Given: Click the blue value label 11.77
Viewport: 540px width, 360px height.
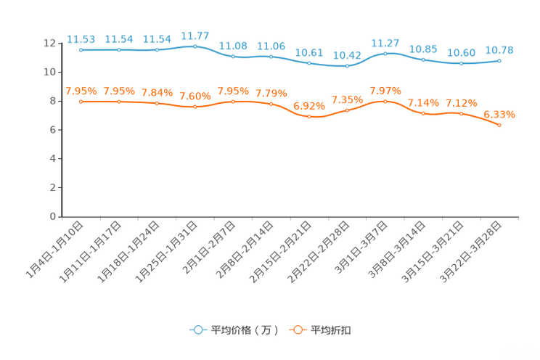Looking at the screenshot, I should point(195,35).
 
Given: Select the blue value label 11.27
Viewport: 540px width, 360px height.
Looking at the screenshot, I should point(385,43).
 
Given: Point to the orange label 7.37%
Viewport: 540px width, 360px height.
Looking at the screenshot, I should point(385,91).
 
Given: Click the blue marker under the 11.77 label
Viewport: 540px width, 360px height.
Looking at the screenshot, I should point(195,46).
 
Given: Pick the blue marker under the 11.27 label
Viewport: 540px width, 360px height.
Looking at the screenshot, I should point(385,53).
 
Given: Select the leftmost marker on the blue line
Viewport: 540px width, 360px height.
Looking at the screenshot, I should point(81,50).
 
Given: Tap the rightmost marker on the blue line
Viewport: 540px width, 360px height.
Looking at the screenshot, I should point(499,61).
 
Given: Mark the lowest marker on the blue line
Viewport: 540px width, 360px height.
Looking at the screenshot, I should point(347,67).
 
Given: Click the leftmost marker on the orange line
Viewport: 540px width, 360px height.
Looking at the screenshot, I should point(81,102).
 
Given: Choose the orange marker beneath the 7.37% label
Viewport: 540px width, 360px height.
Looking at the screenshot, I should point(385,102).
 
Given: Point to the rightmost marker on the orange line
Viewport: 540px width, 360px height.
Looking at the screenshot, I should point(499,126).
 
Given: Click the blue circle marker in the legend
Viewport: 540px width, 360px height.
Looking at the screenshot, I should point(197,330).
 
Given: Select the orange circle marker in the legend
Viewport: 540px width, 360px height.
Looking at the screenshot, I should point(297,330).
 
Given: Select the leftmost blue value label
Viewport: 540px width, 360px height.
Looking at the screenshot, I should point(81,39).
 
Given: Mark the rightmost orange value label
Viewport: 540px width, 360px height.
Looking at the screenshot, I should point(499,115).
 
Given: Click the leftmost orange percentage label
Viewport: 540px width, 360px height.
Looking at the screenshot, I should point(81,91).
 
